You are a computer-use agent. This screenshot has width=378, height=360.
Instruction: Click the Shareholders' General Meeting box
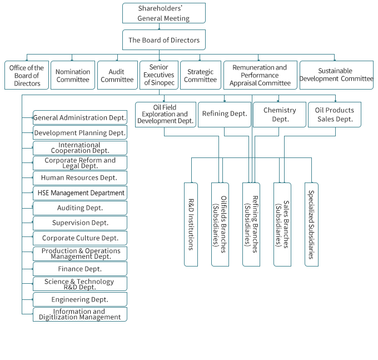[x=163, y=13]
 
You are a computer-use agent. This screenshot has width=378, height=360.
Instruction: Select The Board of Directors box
[x=163, y=40]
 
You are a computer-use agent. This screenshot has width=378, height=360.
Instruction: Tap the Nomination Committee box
[x=73, y=75]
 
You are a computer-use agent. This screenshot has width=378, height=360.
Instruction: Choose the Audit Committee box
[x=117, y=75]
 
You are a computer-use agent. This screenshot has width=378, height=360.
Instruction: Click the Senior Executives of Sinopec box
[x=158, y=75]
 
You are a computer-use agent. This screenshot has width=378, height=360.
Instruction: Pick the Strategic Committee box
[x=200, y=75]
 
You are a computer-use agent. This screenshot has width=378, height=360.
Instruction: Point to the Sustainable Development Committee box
[x=336, y=75]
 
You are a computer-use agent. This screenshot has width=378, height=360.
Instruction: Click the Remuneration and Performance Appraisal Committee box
[x=260, y=75]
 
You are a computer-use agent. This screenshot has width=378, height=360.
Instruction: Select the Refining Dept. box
[x=225, y=114]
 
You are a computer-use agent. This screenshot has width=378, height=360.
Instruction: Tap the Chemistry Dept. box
[x=280, y=114]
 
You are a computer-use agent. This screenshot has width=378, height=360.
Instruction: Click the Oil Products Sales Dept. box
[x=335, y=114]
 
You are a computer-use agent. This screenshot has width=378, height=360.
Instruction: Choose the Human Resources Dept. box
[x=79, y=178]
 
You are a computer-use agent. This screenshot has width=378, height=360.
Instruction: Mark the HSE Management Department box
[x=79, y=193]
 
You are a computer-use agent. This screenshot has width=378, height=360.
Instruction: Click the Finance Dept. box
[x=79, y=269]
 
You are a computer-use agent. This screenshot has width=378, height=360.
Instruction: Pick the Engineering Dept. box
[x=79, y=299]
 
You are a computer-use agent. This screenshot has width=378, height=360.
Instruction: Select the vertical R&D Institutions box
[x=191, y=224]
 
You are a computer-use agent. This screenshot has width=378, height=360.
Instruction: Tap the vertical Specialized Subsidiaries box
[x=311, y=224]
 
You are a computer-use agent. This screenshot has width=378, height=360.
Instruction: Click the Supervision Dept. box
[x=79, y=223]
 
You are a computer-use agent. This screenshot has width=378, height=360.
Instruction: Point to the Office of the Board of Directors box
[x=27, y=75]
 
